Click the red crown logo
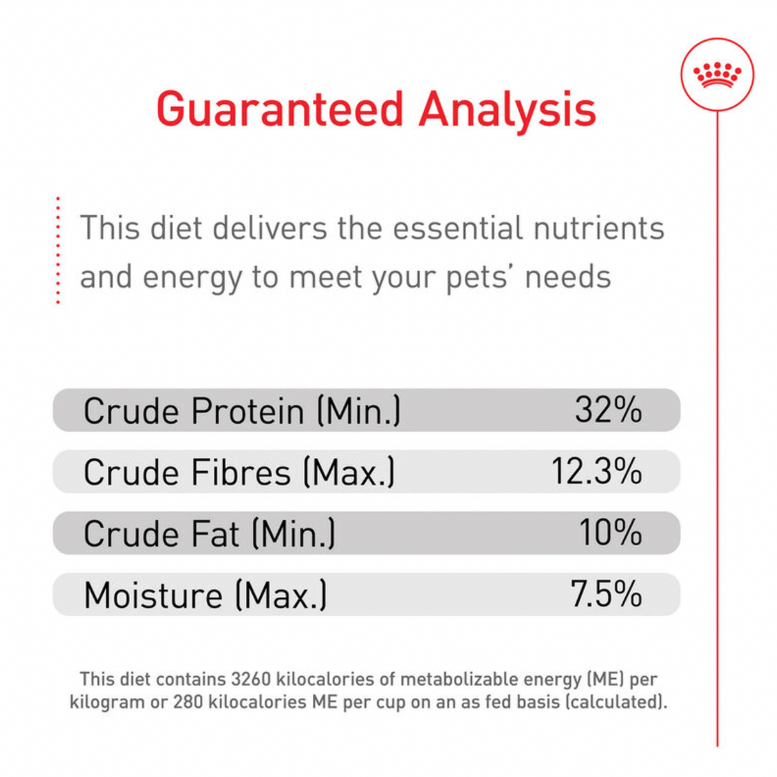(718, 74)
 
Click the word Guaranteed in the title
(280, 109)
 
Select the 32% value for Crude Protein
(608, 410)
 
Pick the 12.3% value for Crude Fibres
(596, 471)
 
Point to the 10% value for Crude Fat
(610, 533)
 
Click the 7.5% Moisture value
(606, 594)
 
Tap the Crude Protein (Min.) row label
(242, 410)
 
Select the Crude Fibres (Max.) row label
(239, 472)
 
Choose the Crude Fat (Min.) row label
(209, 533)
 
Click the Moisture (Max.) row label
(205, 595)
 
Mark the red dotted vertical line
(58, 251)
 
